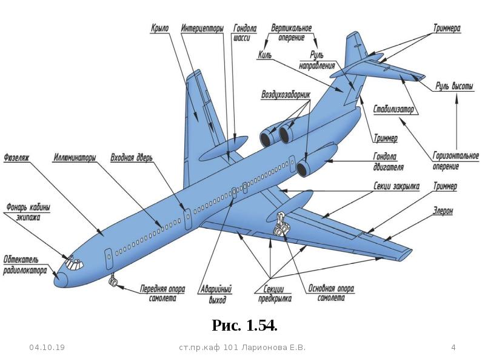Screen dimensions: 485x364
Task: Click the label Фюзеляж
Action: coord(16,158)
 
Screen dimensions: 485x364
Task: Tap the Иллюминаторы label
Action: coord(75,158)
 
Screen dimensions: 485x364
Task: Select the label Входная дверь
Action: coord(132,158)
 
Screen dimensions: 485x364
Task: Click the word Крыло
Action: coord(160,29)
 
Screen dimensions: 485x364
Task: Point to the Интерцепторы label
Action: coord(202,29)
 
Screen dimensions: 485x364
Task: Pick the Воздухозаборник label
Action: coord(286,95)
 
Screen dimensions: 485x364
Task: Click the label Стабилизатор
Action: coord(393,109)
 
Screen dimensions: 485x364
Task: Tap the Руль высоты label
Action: coord(454,86)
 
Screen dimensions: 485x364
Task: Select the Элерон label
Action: coord(443,211)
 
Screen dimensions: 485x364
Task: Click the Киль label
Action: coord(265,55)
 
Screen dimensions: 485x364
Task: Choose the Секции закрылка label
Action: coord(396,186)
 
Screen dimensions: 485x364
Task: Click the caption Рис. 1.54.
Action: coord(244,325)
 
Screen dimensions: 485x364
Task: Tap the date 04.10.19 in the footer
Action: coord(47,348)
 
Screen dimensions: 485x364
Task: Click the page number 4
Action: coord(453,348)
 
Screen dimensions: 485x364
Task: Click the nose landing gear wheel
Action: coord(113,281)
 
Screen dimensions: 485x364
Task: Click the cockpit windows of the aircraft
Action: coord(73,263)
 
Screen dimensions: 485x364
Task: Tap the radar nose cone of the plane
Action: coord(61,280)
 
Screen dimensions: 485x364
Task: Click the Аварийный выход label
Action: coord(216,294)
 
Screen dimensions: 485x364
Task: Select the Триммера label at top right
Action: coord(447,29)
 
